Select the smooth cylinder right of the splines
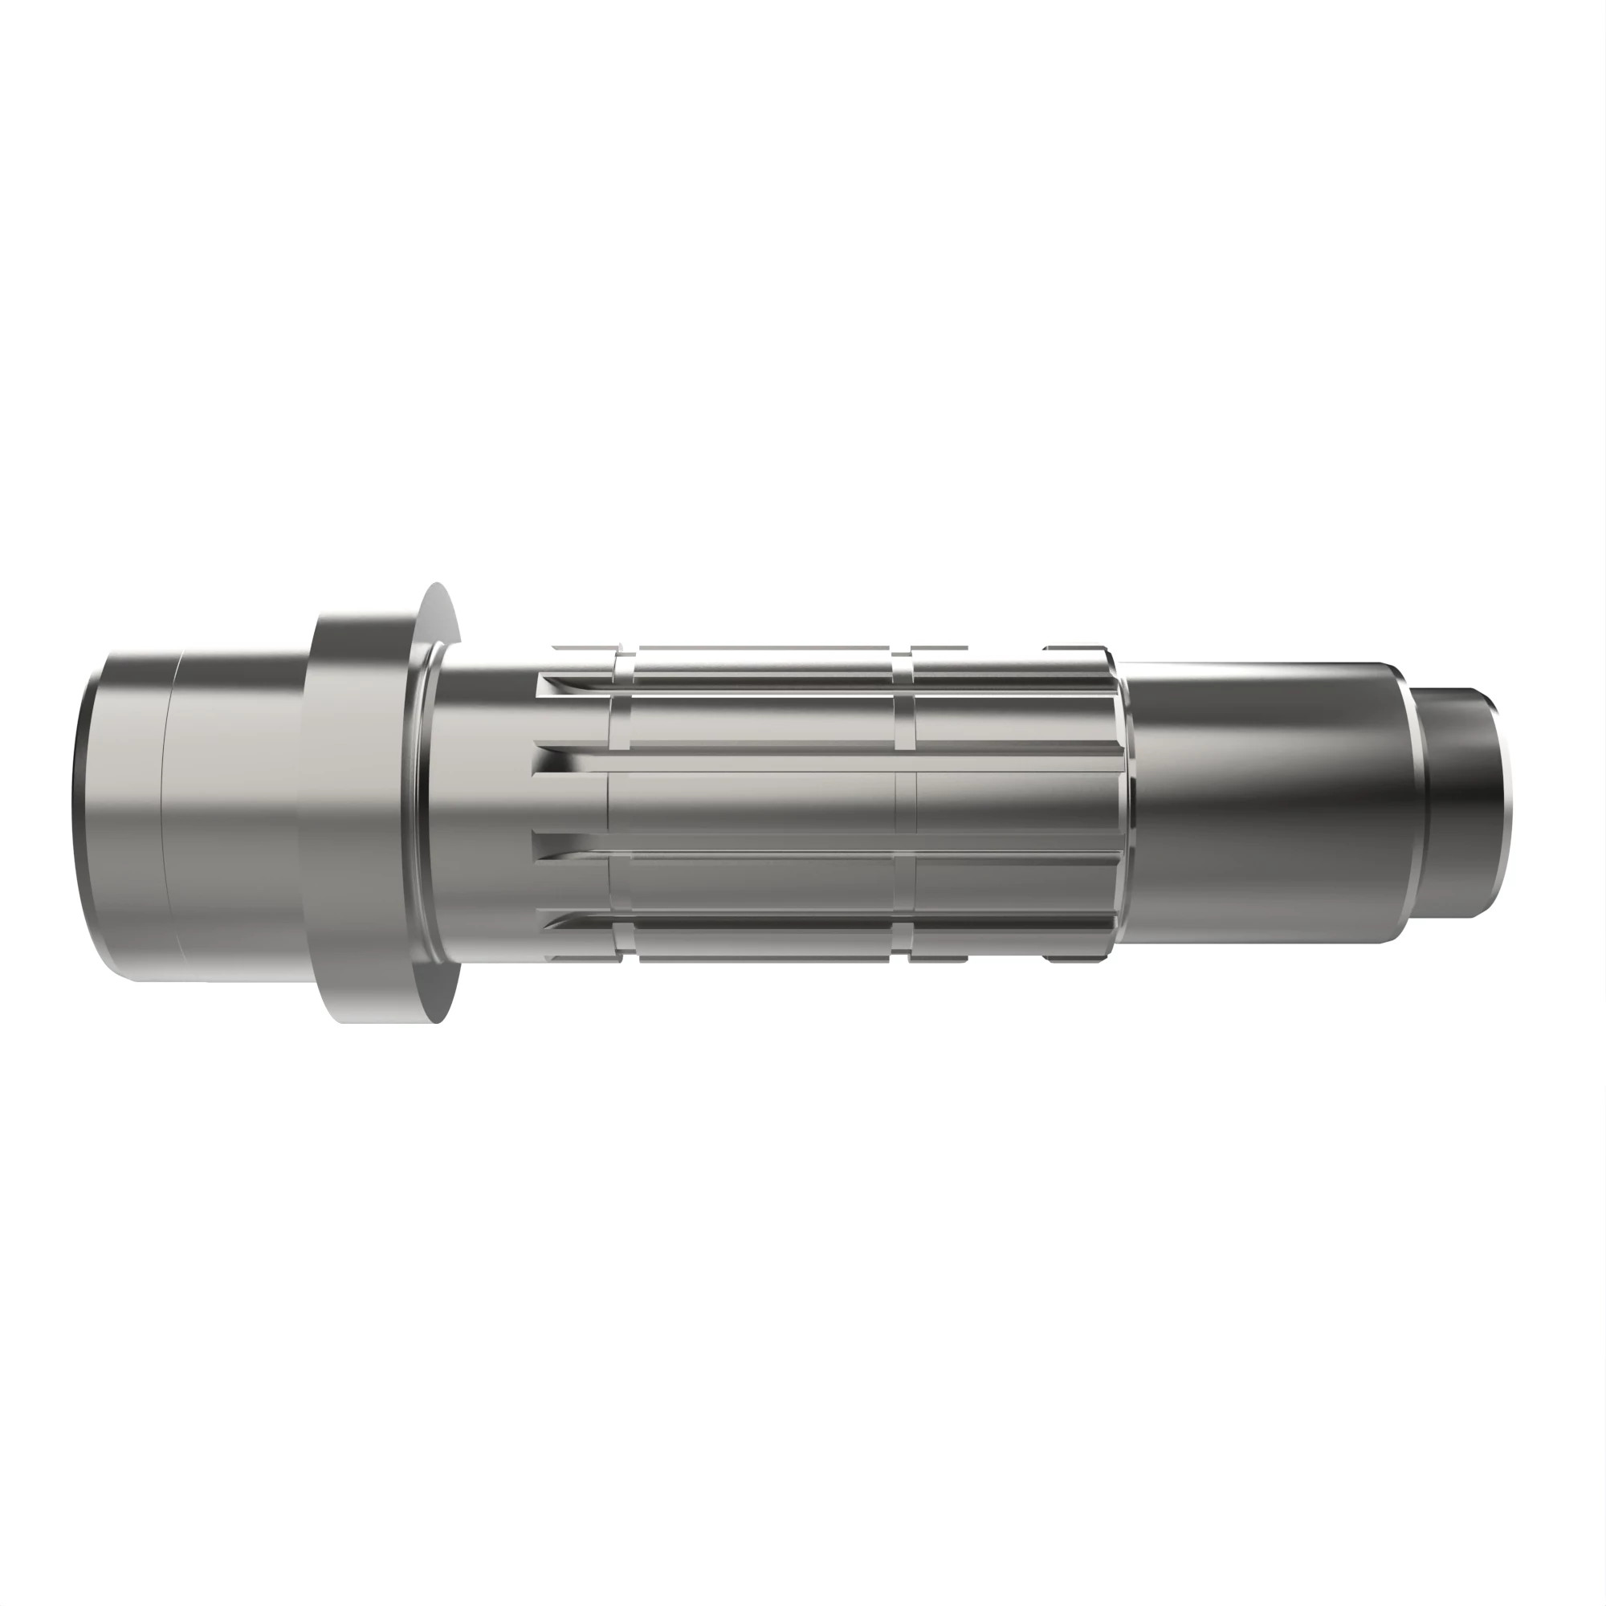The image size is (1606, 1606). point(1247,802)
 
